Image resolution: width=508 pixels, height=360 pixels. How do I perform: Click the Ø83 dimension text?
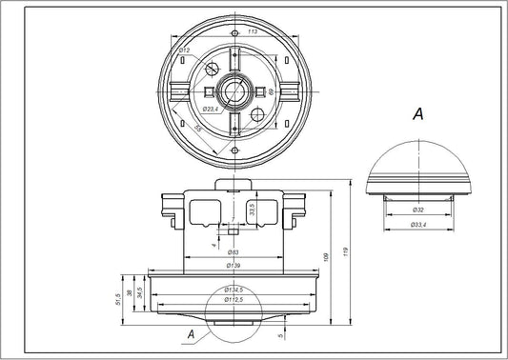tap(233, 251)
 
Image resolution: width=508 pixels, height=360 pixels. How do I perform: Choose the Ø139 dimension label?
tap(233, 264)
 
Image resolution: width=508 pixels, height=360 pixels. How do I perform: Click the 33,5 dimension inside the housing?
tap(252, 210)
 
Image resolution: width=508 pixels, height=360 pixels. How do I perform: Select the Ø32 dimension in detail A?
tap(418, 208)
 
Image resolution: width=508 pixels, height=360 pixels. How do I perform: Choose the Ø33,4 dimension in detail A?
tap(418, 225)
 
